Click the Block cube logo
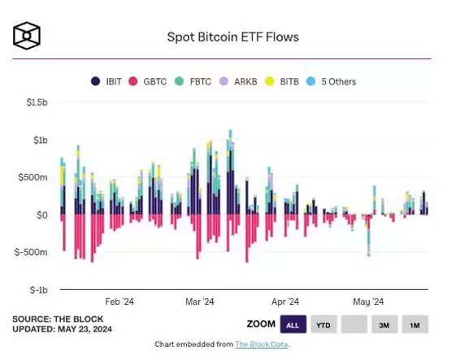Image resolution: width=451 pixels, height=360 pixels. point(27,37)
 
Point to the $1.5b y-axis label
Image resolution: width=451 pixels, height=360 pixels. point(37,102)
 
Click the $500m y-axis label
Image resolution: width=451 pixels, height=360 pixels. point(35,178)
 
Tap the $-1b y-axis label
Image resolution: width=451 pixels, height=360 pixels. point(38,290)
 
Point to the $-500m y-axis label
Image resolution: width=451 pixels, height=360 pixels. point(33,252)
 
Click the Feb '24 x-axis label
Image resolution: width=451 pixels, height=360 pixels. point(119,301)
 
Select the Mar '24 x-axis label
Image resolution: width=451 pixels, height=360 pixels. point(199,301)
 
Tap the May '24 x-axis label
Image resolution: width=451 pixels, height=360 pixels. point(367,301)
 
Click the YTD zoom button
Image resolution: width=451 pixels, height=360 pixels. point(323,325)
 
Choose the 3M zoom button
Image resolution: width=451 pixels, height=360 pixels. point(384,325)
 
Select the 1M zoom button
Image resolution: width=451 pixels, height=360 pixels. point(414,325)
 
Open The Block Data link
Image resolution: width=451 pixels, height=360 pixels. point(262,345)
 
